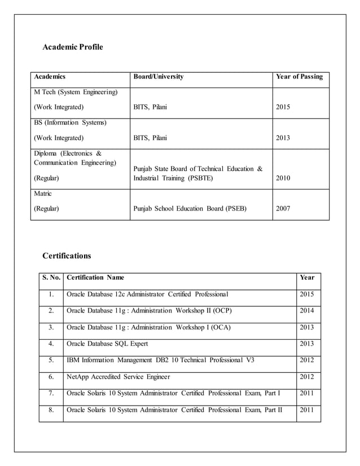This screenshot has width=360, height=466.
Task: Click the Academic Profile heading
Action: click(73, 47)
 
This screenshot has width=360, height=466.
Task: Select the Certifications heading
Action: click(67, 256)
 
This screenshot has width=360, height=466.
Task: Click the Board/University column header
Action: click(158, 77)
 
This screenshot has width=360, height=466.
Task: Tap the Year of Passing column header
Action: click(299, 77)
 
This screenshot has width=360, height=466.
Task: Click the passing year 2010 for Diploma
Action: click(283, 178)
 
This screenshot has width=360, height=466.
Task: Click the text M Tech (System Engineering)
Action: click(76, 91)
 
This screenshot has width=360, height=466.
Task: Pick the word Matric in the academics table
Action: click(43, 194)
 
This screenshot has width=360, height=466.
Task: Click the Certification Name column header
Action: click(95, 278)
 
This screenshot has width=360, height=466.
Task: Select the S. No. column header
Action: click(51, 278)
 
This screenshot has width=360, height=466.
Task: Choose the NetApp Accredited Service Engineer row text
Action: click(118, 377)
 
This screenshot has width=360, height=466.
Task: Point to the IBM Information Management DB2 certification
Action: click(160, 360)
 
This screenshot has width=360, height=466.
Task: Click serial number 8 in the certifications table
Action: click(51, 410)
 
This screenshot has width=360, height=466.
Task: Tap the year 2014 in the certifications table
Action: click(308, 311)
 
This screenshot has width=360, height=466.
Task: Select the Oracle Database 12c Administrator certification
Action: click(147, 294)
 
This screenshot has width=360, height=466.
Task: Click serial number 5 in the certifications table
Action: click(51, 360)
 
